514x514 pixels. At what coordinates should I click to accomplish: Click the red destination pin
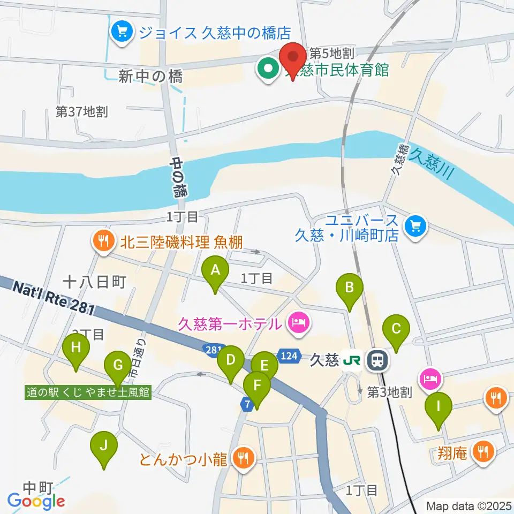click(293, 57)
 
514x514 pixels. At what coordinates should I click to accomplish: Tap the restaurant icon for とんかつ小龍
click(244, 458)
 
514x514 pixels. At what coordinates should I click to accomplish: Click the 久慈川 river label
click(430, 164)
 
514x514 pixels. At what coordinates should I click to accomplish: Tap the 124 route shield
click(289, 356)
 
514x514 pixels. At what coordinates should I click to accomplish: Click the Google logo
click(36, 501)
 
